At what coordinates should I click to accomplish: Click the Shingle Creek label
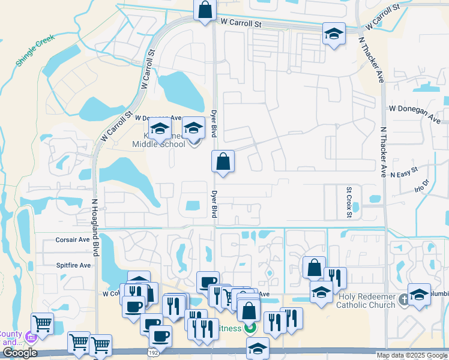35,50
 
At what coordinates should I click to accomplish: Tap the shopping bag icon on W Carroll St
205,10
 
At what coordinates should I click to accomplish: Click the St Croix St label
348,198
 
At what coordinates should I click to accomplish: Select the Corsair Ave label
73,239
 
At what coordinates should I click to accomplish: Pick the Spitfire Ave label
73,265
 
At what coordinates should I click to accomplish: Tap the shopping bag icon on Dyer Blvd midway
223,161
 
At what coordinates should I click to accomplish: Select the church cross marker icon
404,299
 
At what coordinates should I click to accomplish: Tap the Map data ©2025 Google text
412,356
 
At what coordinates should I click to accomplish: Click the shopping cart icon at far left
42,324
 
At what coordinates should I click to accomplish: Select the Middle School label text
158,145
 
